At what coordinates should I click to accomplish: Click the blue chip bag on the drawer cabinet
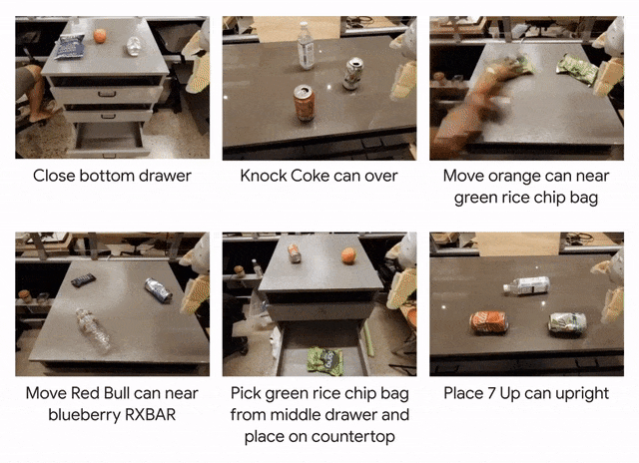coord(70,46)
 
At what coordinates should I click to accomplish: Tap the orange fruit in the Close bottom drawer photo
coord(100,36)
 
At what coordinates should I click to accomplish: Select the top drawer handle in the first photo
coord(107,94)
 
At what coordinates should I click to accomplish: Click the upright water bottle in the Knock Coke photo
coord(306,46)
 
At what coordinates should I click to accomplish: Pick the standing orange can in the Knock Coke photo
coord(305,103)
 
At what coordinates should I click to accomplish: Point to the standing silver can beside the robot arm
coord(352,74)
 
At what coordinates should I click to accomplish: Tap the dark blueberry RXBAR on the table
coord(83,280)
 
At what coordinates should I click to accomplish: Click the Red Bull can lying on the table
coord(158,290)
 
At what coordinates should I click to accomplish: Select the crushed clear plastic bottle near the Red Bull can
coord(93,330)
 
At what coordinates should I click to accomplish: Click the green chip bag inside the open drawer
coord(324,360)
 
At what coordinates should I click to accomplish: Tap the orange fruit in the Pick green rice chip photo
coord(348,255)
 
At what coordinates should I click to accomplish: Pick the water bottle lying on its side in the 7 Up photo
coord(526,285)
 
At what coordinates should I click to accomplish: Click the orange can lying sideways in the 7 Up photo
coord(489,321)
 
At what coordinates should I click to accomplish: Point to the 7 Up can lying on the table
coord(568,323)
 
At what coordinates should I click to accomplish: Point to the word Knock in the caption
coord(263,176)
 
